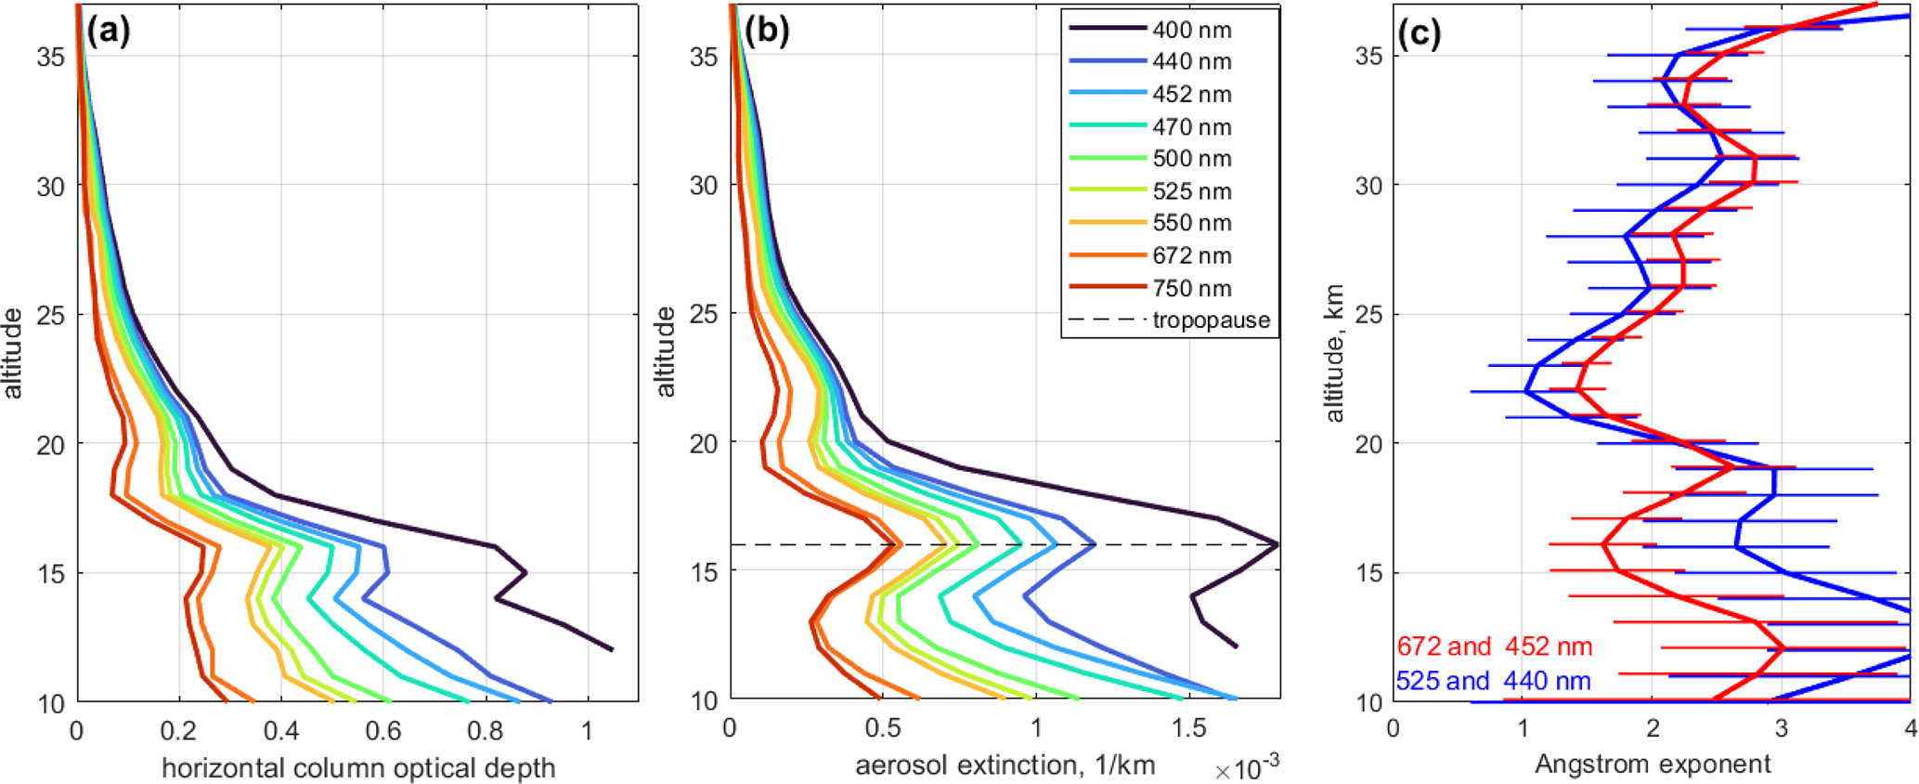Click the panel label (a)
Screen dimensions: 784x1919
point(109,32)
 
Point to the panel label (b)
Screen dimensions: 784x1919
point(766,32)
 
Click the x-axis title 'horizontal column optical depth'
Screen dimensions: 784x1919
point(358,768)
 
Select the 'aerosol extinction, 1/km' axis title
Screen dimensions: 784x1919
point(1005,765)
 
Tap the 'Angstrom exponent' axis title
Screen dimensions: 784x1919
point(1653,764)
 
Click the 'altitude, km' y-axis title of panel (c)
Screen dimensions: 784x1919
point(1334,353)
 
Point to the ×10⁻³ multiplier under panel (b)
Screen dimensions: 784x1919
point(1247,768)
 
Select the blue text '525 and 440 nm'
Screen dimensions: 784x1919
point(1493,681)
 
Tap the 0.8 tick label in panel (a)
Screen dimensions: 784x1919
point(485,732)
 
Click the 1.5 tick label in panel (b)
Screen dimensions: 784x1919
point(1189,728)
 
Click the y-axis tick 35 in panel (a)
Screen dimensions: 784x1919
point(51,57)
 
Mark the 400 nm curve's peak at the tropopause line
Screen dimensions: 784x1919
point(1277,544)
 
